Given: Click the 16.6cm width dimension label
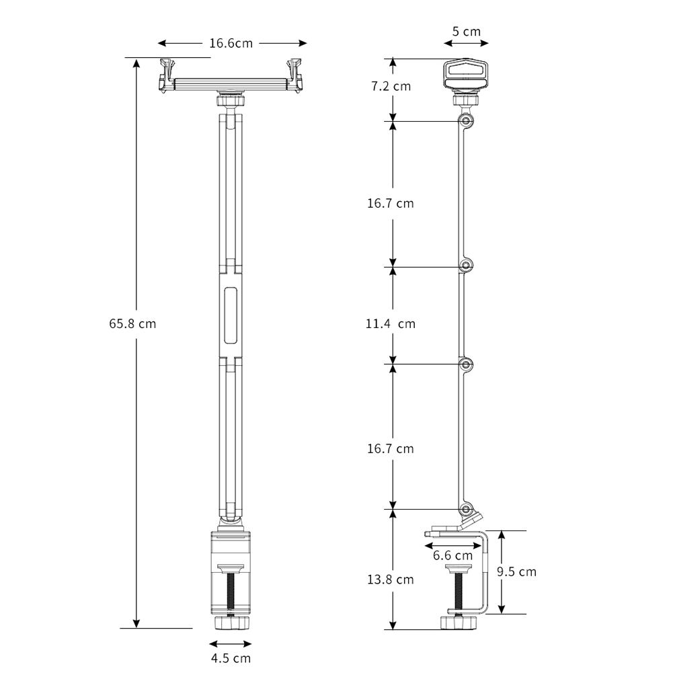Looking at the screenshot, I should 231,44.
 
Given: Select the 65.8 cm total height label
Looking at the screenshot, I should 132,323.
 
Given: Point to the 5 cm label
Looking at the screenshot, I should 466,32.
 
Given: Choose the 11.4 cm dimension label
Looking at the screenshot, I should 391,324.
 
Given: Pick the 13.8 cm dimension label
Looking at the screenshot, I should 391,579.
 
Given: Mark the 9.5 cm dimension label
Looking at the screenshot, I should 516,572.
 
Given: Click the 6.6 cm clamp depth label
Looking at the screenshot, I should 452,555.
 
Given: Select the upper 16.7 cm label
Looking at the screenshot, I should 391,203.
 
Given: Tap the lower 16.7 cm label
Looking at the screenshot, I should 391,448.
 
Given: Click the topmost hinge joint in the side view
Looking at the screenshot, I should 465,121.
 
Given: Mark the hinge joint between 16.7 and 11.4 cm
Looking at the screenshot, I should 465,266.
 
